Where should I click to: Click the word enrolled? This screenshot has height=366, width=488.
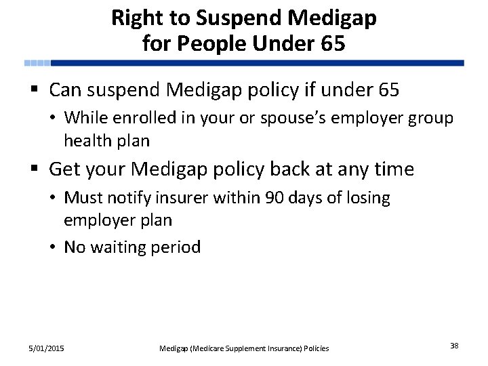(141, 118)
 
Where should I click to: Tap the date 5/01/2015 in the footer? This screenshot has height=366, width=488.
(46, 348)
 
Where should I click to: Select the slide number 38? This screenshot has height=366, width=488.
(454, 346)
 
